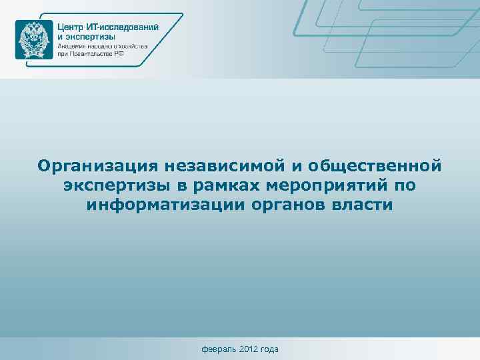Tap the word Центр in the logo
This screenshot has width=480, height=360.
click(x=72, y=26)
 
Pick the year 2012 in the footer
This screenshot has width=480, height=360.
click(x=248, y=349)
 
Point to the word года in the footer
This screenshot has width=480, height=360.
click(x=271, y=349)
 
